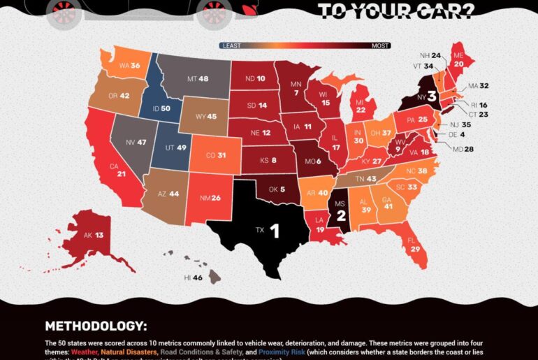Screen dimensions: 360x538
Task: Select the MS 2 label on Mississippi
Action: tap(341, 208)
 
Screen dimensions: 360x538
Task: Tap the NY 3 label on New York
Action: tap(425, 96)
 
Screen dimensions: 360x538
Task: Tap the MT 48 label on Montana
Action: tap(198, 80)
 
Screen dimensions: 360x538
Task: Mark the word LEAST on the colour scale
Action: tap(231, 45)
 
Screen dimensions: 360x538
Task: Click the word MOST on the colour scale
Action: tap(380, 45)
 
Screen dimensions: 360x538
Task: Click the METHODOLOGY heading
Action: tap(96, 326)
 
